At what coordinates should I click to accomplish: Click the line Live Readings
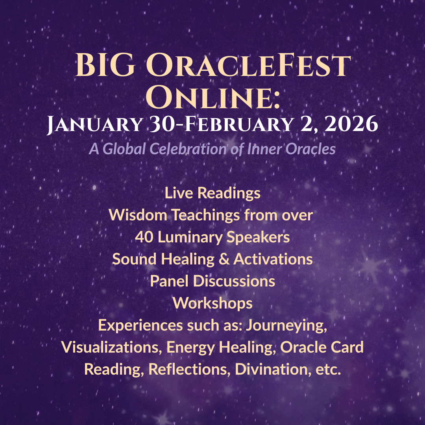click(213, 193)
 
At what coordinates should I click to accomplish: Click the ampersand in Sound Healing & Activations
click(225, 259)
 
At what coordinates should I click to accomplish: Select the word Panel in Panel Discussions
click(168, 281)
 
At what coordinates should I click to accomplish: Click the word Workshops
click(213, 303)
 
